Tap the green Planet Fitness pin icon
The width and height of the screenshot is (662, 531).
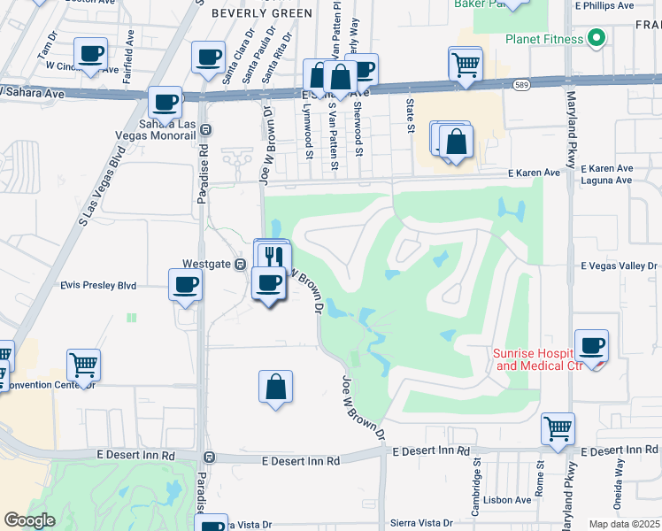point(596,39)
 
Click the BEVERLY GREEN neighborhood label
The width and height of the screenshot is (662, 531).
point(261,13)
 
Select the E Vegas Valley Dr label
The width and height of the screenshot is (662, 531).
point(620,265)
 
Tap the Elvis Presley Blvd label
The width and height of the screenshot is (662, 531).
point(98,286)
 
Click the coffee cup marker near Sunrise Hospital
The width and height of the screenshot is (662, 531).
point(591,346)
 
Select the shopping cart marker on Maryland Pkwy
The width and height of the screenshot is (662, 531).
point(558,429)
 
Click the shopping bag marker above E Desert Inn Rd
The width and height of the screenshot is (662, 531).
point(275,387)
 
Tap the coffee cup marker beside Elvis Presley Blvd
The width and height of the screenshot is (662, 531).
point(185,286)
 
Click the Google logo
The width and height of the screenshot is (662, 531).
point(29,520)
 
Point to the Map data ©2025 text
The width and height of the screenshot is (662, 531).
point(624,524)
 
